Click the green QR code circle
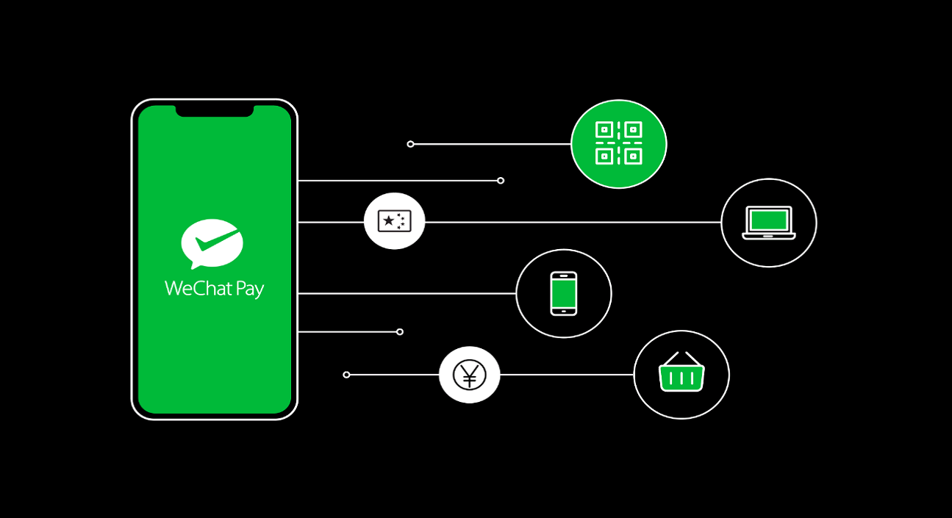tap(618, 143)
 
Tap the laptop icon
tap(768, 222)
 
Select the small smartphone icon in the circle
tap(564, 293)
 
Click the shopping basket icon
tap(681, 375)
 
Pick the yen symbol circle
tap(469, 375)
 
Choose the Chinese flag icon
tap(395, 221)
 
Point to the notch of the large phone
tap(215, 111)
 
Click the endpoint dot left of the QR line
tap(410, 144)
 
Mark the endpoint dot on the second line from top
tap(501, 181)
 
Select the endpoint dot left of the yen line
tap(346, 375)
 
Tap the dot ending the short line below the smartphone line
tap(400, 331)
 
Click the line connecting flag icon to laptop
tap(573, 222)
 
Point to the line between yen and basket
tap(566, 375)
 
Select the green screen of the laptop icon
tap(768, 219)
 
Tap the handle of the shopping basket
tap(681, 358)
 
